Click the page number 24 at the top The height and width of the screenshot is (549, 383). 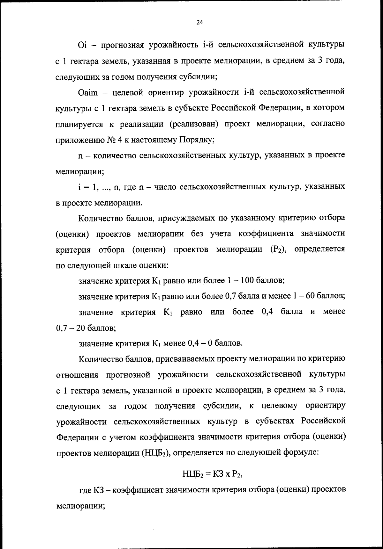[199, 22]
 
